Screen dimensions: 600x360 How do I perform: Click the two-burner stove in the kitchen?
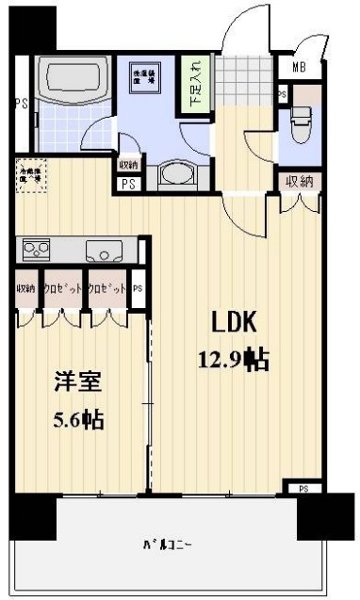point(38,251)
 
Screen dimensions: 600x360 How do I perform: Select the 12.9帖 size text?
point(232,359)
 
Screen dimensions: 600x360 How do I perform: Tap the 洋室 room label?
point(78,383)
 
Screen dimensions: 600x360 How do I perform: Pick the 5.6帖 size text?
point(78,418)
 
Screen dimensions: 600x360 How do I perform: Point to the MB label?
point(298,66)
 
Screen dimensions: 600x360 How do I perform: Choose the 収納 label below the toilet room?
point(300,181)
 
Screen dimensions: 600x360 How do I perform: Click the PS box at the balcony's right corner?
point(303,489)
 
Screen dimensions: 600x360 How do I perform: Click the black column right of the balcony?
point(314,515)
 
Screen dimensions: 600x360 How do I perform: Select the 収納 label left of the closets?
point(25,289)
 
